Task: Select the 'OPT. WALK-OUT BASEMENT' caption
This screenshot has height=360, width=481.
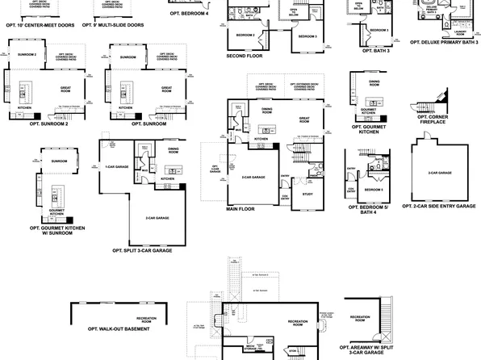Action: [x=119, y=330]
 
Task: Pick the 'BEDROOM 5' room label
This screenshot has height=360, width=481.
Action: [x=374, y=188]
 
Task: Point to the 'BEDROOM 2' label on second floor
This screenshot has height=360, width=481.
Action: [x=245, y=36]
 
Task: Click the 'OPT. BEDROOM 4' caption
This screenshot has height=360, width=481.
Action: [x=189, y=13]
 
